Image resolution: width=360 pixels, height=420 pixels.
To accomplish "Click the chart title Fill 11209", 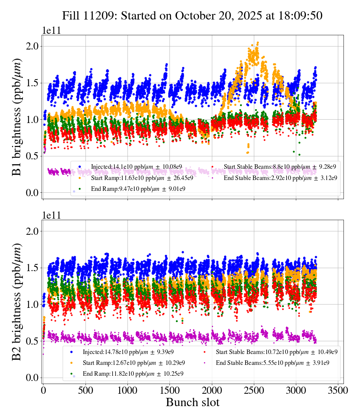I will [x=192, y=15].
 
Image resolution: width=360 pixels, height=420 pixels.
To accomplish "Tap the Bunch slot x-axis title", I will [x=192, y=402].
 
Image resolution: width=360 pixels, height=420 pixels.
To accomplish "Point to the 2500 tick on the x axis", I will [x=254, y=390].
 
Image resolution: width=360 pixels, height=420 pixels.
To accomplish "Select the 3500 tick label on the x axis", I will [x=338, y=390].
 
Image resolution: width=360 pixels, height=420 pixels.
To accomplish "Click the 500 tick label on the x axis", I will [x=85, y=390].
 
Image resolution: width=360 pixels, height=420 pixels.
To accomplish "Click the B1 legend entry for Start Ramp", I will [x=142, y=178].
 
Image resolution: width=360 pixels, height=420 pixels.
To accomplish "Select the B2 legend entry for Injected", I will [x=128, y=352].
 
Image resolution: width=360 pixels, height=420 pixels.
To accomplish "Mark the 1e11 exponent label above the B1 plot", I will [x=51, y=30].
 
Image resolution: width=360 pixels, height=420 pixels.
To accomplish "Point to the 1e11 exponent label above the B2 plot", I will [x=51, y=215].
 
